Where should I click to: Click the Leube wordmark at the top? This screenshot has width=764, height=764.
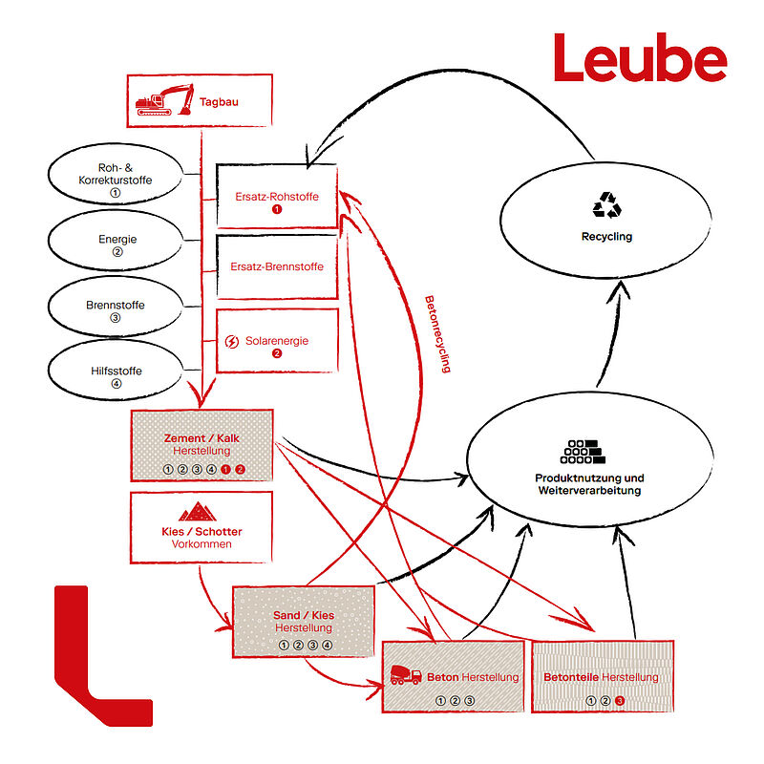tap(640, 59)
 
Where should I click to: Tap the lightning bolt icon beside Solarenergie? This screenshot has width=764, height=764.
tap(231, 341)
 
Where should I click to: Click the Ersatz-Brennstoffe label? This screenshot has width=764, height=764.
tap(277, 266)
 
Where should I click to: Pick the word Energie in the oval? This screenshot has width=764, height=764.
tap(117, 239)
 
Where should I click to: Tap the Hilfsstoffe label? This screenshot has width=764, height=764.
tap(116, 370)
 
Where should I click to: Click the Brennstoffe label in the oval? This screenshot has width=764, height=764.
tap(116, 305)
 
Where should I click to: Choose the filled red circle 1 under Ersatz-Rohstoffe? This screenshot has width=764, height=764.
tap(277, 209)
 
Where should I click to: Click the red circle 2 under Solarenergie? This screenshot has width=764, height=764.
tap(277, 353)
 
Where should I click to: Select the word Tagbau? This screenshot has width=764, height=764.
tap(220, 101)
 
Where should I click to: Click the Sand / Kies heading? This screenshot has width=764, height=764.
tap(304, 615)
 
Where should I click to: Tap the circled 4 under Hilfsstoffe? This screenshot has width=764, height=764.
tap(116, 384)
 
